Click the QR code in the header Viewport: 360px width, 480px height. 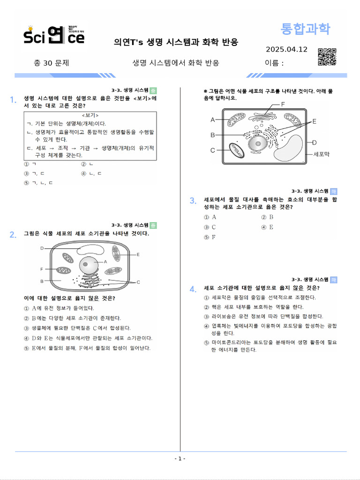pos(327,57)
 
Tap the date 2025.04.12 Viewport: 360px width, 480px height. pos(286,49)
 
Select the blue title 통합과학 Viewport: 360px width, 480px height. pos(305,29)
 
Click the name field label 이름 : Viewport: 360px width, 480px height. pos(274,63)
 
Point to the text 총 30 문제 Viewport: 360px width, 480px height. pos(52,63)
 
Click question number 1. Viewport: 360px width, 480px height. pos(13,99)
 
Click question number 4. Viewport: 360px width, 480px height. pos(193,289)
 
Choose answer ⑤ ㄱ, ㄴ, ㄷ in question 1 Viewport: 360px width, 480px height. pos(38,183)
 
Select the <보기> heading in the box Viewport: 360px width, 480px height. pos(90,115)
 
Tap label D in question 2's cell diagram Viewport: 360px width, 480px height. pos(42,248)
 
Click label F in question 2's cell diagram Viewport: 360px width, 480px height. pos(42,270)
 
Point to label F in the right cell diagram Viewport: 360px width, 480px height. pos(283,104)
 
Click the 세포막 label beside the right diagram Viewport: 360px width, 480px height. pos(321,154)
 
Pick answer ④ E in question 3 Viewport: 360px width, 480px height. pos(267,227)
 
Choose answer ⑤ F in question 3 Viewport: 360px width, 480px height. pos(210,237)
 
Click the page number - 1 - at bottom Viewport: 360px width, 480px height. pos(180,458)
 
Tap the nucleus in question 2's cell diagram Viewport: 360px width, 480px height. pos(89,265)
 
